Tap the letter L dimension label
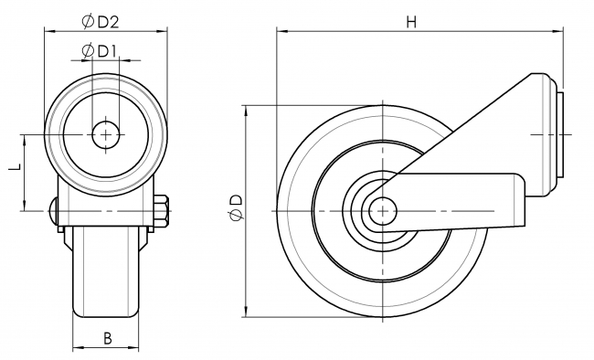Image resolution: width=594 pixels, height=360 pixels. [x=14, y=170]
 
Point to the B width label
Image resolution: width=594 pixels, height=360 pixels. [x=107, y=338]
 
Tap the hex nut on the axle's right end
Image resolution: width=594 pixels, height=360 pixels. [x=164, y=212]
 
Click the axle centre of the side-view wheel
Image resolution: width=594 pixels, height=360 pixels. [x=377, y=211]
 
